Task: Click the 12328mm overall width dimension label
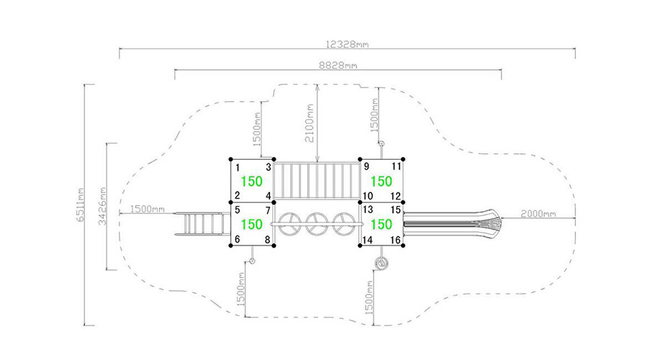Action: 347,44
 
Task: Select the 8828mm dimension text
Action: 338,66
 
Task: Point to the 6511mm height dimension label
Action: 81,205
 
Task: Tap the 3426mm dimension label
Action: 102,206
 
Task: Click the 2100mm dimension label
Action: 310,123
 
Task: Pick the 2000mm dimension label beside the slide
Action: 538,214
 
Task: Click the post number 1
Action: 238,168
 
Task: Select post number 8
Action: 267,239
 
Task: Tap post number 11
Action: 396,166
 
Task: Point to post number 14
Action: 367,240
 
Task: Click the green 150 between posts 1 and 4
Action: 252,181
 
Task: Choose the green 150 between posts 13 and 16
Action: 381,225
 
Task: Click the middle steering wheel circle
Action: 317,224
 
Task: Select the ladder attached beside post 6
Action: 202,224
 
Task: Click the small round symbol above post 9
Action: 382,143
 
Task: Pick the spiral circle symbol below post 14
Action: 382,263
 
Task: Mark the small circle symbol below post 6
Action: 252,261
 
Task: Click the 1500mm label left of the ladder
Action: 147,209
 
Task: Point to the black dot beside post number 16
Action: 403,246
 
